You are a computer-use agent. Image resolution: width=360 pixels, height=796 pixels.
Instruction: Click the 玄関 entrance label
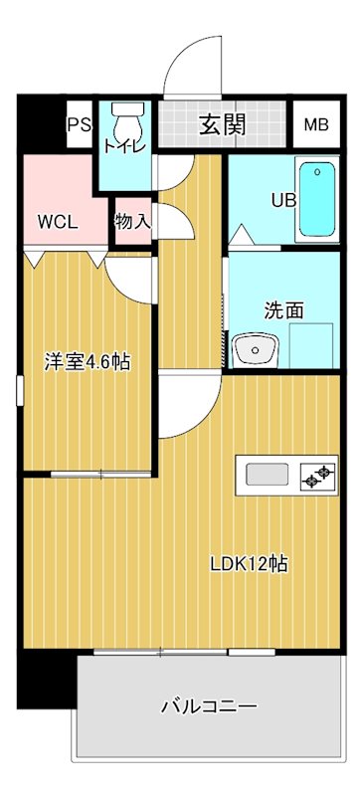tap(223, 124)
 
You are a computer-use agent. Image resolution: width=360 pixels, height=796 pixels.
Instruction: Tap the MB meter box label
tap(316, 125)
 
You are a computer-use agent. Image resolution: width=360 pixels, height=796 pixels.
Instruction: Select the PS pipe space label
tap(78, 125)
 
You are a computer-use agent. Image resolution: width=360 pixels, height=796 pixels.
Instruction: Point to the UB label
tap(284, 199)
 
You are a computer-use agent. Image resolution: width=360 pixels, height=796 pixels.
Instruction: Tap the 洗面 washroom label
tap(283, 309)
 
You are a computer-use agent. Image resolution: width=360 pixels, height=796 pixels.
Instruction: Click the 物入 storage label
tap(132, 221)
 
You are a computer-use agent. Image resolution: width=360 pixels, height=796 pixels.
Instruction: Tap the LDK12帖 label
tap(249, 563)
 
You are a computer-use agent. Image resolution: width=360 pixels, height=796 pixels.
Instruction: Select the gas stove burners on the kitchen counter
tap(316, 477)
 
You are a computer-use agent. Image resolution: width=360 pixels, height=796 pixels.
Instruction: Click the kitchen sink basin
tap(268, 475)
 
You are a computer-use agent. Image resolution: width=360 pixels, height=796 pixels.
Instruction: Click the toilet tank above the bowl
tap(125, 109)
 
